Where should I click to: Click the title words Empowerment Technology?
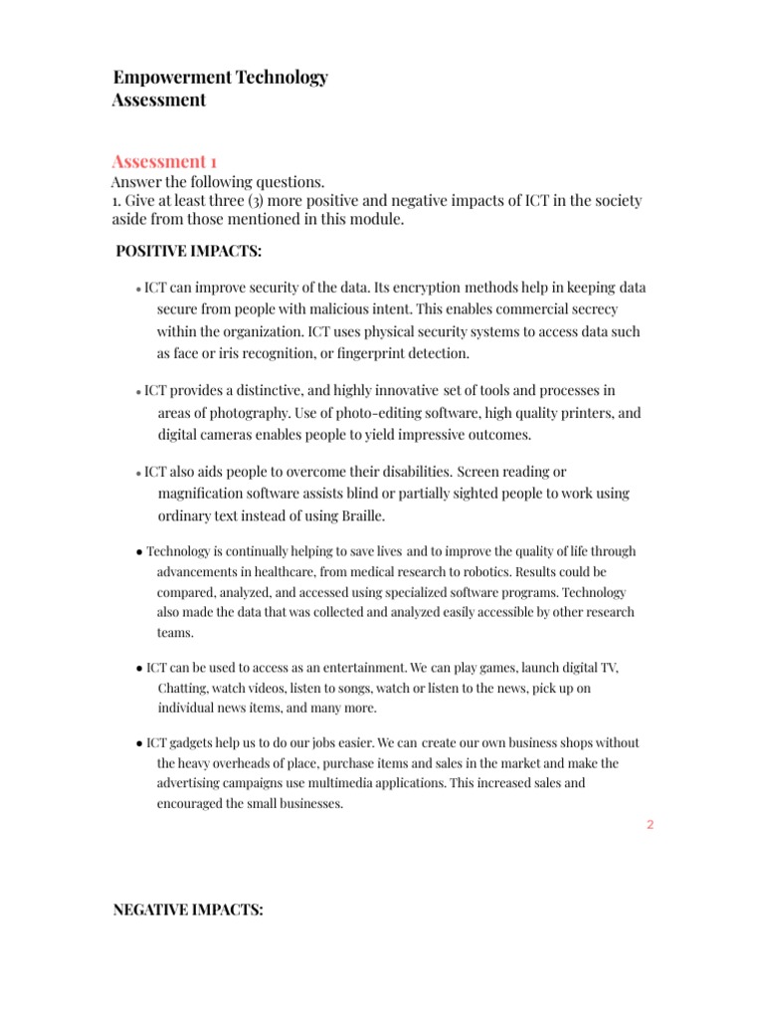[220, 78]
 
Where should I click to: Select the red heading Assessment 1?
[164, 161]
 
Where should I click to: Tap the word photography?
[213, 413]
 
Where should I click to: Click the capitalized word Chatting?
[183, 689]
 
